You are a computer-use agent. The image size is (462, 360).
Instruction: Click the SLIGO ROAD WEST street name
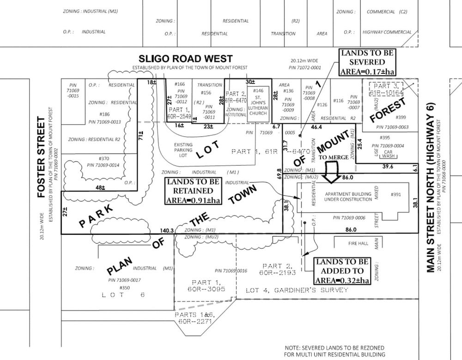click(186, 59)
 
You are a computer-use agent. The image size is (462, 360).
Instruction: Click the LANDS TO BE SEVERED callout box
click(368, 62)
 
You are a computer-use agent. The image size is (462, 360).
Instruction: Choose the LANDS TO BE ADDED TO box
click(342, 271)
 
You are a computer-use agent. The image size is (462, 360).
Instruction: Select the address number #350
click(123, 288)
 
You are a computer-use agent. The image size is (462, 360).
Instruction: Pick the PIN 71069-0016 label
click(231, 270)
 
